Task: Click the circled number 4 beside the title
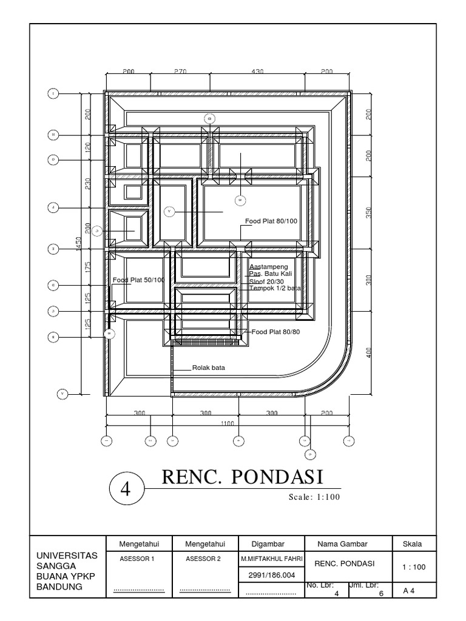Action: [126, 489]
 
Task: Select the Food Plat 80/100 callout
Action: [271, 221]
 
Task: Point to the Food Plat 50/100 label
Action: [138, 280]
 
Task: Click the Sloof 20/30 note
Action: [266, 281]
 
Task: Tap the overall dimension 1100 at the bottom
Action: [228, 423]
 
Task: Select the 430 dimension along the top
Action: [257, 72]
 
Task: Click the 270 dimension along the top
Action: [180, 72]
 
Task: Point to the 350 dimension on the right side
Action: [368, 212]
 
